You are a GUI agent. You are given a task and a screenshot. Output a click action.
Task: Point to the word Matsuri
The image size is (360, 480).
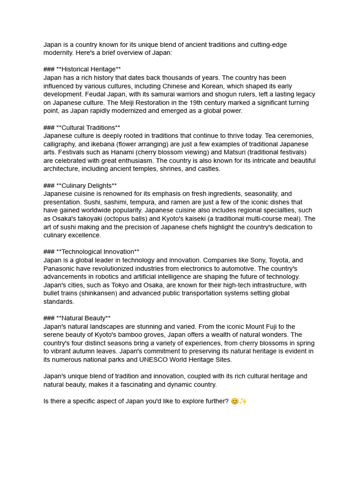pyautogui.click(x=230, y=152)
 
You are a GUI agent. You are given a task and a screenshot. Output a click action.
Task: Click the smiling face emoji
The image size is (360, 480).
pyautogui.click(x=235, y=401)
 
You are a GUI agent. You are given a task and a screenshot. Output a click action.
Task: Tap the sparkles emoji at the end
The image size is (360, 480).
pyautogui.click(x=243, y=401)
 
